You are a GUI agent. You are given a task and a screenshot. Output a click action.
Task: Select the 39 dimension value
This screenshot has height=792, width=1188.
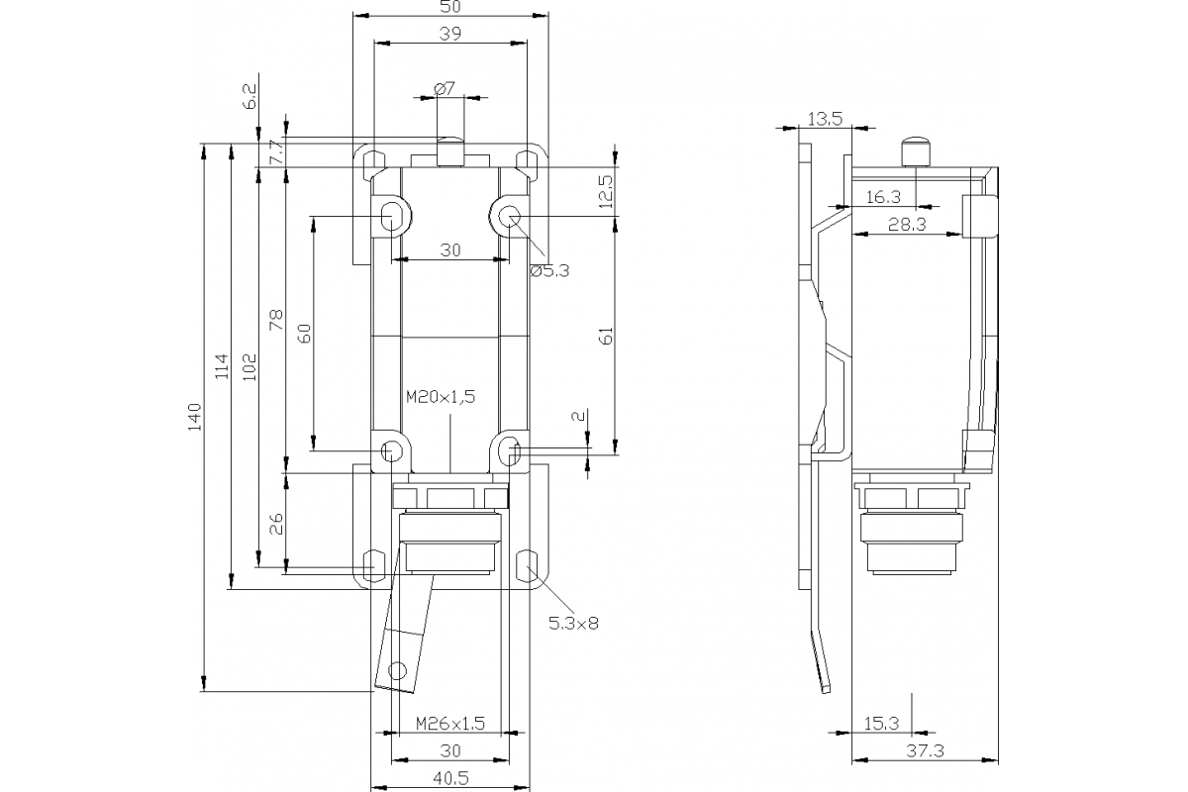tap(451, 33)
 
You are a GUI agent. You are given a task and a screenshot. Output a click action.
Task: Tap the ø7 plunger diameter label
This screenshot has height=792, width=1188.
tap(445, 88)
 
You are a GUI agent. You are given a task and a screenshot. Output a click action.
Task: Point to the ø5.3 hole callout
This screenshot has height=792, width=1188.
tap(549, 270)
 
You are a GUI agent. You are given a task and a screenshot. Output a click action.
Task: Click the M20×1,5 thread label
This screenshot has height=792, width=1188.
tap(442, 396)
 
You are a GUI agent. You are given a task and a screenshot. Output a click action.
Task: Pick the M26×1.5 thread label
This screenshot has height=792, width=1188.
tap(450, 723)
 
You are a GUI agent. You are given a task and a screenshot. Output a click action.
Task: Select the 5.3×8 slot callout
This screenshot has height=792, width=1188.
tap(573, 623)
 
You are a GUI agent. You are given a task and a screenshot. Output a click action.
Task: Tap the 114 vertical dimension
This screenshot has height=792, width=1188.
tap(221, 366)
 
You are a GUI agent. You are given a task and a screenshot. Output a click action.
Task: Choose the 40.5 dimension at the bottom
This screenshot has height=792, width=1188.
tap(450, 778)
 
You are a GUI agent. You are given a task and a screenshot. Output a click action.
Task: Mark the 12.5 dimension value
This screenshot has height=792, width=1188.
tap(606, 188)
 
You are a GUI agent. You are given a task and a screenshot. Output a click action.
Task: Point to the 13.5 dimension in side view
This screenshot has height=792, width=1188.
tap(824, 119)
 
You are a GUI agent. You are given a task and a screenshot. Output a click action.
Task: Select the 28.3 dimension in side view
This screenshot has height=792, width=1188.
tap(906, 225)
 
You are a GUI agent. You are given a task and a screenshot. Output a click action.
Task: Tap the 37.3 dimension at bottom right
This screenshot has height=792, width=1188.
tap(925, 751)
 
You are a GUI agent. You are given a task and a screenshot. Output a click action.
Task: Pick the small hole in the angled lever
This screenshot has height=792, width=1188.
tap(398, 668)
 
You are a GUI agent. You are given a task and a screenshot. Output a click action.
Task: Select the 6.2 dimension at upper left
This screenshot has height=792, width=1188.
tap(248, 97)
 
